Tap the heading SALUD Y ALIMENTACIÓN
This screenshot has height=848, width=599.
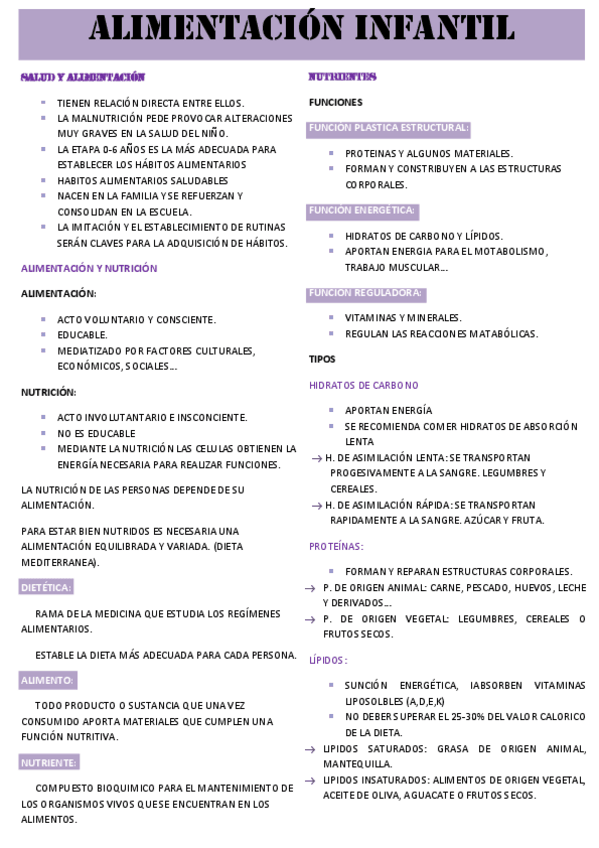click(83, 77)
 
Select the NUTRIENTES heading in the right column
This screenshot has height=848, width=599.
click(342, 77)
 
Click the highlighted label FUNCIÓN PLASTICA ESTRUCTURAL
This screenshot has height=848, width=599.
click(388, 128)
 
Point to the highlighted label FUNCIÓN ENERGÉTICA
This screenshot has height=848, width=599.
click(362, 211)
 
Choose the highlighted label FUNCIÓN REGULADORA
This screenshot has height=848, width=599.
click(366, 293)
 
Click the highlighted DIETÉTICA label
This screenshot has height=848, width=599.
click(46, 588)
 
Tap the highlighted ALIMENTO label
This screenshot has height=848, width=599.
click(47, 680)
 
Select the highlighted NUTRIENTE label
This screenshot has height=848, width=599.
click(49, 762)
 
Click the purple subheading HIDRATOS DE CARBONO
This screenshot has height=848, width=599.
click(363, 385)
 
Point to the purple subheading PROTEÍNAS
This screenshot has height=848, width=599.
click(336, 546)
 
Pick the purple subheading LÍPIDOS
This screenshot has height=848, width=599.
click(328, 660)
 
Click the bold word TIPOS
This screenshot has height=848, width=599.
click(322, 359)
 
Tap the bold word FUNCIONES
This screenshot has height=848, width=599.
click(335, 102)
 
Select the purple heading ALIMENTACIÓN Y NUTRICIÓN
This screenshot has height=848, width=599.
click(89, 268)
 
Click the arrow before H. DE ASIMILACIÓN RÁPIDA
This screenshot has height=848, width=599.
click(316, 506)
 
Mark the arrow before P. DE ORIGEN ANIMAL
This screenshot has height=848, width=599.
click(311, 588)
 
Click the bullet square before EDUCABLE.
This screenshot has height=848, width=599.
click(45, 335)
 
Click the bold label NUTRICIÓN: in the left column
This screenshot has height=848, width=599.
click(48, 392)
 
